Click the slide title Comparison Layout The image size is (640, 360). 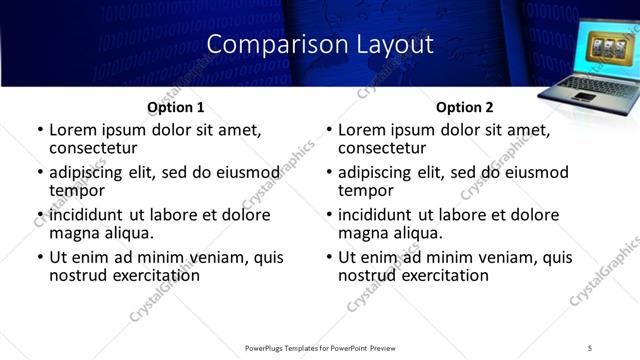point(320,44)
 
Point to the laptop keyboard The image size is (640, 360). point(586,87)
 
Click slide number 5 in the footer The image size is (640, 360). point(591,347)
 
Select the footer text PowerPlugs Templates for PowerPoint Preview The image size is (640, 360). point(320,347)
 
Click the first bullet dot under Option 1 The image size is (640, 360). point(38,130)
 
